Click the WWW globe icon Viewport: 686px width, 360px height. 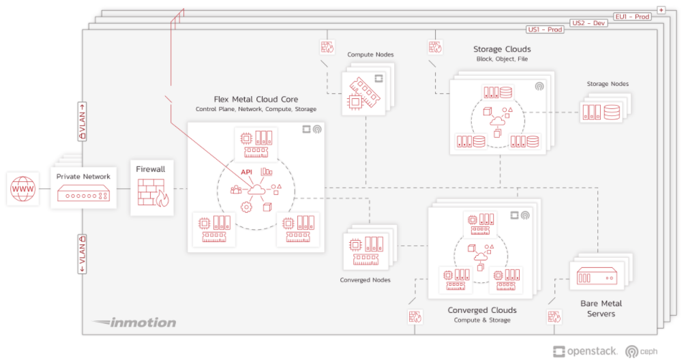[x=23, y=189]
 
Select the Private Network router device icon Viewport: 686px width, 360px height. [x=83, y=195]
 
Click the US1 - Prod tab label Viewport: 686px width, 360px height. [x=546, y=30]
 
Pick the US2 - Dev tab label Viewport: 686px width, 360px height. [x=588, y=22]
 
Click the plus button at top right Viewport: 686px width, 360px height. [x=661, y=10]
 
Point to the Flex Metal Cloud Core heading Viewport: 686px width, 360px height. [x=256, y=100]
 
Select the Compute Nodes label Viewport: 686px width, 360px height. [x=370, y=55]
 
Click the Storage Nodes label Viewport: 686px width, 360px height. [x=608, y=84]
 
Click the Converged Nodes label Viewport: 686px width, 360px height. [x=365, y=280]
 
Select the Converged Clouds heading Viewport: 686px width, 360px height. [x=481, y=310]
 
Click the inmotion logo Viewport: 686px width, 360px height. [x=134, y=322]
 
